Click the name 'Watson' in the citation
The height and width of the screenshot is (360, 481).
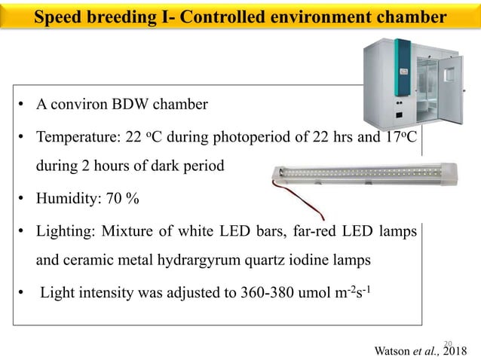(392, 349)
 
